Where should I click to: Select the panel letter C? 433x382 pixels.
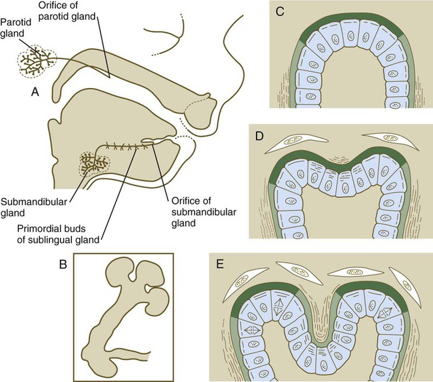point(280,12)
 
